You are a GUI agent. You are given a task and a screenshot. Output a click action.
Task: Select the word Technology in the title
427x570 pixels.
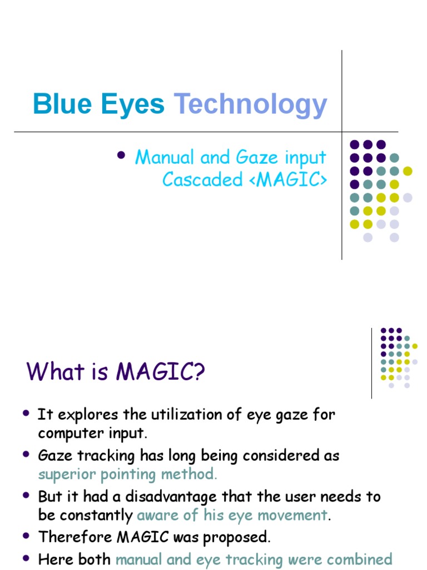pyautogui.click(x=250, y=106)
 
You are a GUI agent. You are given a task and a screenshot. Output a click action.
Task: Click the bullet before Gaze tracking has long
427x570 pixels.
pyautogui.click(x=26, y=455)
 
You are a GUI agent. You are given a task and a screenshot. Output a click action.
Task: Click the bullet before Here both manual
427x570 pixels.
pyautogui.click(x=26, y=558)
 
